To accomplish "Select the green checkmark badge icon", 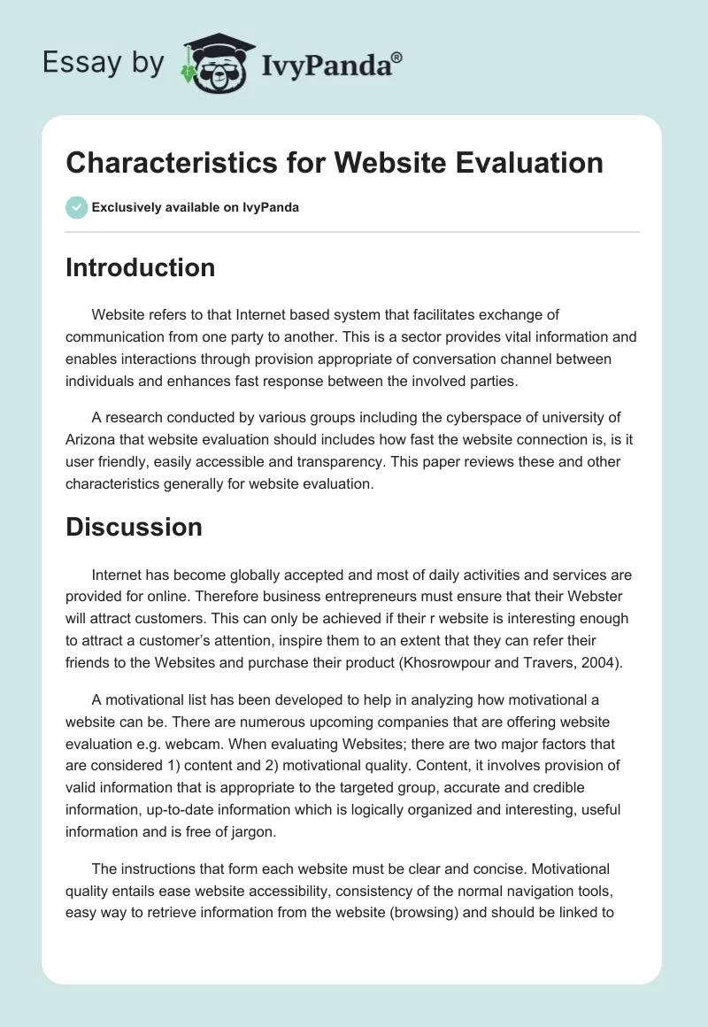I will click(x=76, y=207).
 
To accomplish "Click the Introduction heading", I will click(x=140, y=267).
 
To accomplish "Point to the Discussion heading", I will click(x=134, y=527).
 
